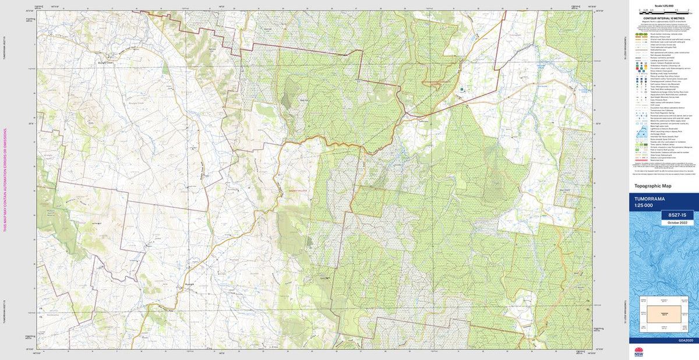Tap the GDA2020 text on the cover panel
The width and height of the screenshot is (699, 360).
tap(687, 340)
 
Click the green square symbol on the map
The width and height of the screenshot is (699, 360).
tap(462, 90)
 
